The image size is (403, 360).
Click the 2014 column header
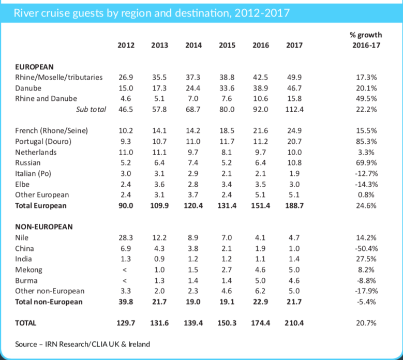click(x=193, y=46)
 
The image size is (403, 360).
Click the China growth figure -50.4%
click(x=365, y=248)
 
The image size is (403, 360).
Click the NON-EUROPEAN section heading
click(x=44, y=227)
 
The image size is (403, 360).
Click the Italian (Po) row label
click(x=35, y=174)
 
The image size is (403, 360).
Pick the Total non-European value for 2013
click(x=159, y=302)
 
